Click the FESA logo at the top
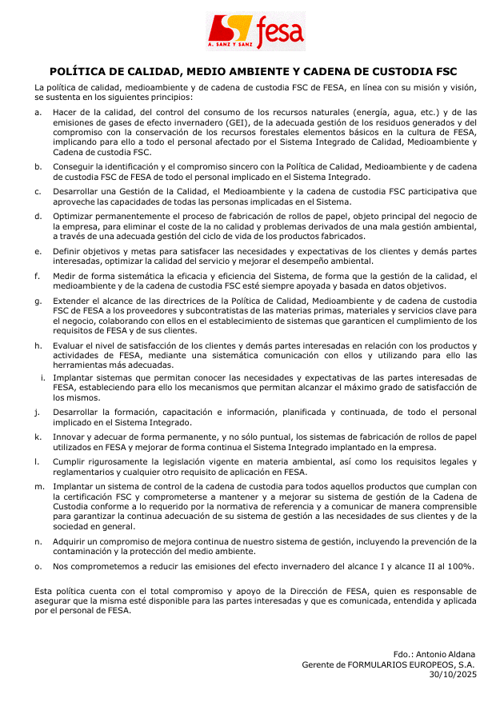pos(256,32)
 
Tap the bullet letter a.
pos(38,113)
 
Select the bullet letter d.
pos(38,217)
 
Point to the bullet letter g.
pos(38,301)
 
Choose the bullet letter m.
pos(39,486)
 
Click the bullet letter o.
pos(38,566)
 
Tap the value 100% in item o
pos(461,566)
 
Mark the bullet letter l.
pos(37,462)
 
